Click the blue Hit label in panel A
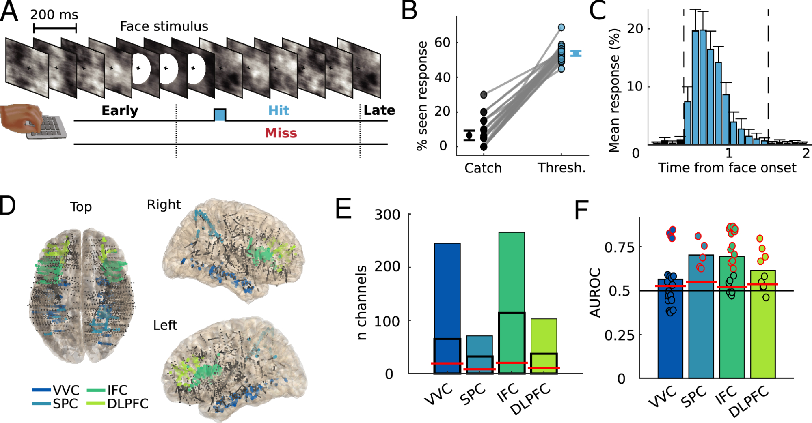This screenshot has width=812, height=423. coord(279,110)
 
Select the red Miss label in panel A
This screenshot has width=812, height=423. coord(281,133)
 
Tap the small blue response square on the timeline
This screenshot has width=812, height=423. coord(220,115)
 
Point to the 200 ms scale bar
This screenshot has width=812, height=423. coord(55,28)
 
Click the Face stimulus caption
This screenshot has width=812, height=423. coord(164,26)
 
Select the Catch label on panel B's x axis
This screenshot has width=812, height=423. coord(483,168)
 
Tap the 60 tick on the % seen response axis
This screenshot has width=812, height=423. coord(442,42)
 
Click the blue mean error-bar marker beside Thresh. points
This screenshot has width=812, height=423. coord(576,53)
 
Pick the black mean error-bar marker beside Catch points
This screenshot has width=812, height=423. coord(469,135)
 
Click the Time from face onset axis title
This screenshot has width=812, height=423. coord(727,167)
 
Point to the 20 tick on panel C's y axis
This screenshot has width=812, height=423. coord(635,29)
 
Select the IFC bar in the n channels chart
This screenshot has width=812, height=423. coord(512,302)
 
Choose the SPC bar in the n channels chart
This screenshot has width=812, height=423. coord(479,354)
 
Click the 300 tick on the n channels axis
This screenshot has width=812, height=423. coord(387,215)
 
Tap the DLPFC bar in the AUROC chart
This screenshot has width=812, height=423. coord(762,324)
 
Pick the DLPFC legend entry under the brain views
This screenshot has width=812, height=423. coord(118,404)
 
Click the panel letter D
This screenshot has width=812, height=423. coord(8,206)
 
